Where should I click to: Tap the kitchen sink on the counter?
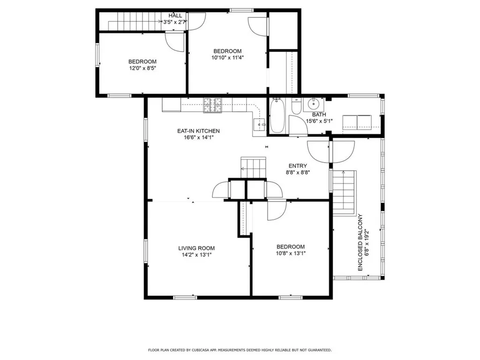259,124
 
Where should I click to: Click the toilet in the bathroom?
296,107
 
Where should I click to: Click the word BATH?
319,114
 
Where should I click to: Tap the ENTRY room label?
298,166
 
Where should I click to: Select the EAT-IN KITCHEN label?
198,131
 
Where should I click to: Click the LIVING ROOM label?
196,248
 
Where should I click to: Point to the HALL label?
175,15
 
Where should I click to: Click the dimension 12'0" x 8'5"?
142,68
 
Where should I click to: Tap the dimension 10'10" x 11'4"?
227,58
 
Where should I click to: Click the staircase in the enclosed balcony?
345,191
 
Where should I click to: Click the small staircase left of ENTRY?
253,166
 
